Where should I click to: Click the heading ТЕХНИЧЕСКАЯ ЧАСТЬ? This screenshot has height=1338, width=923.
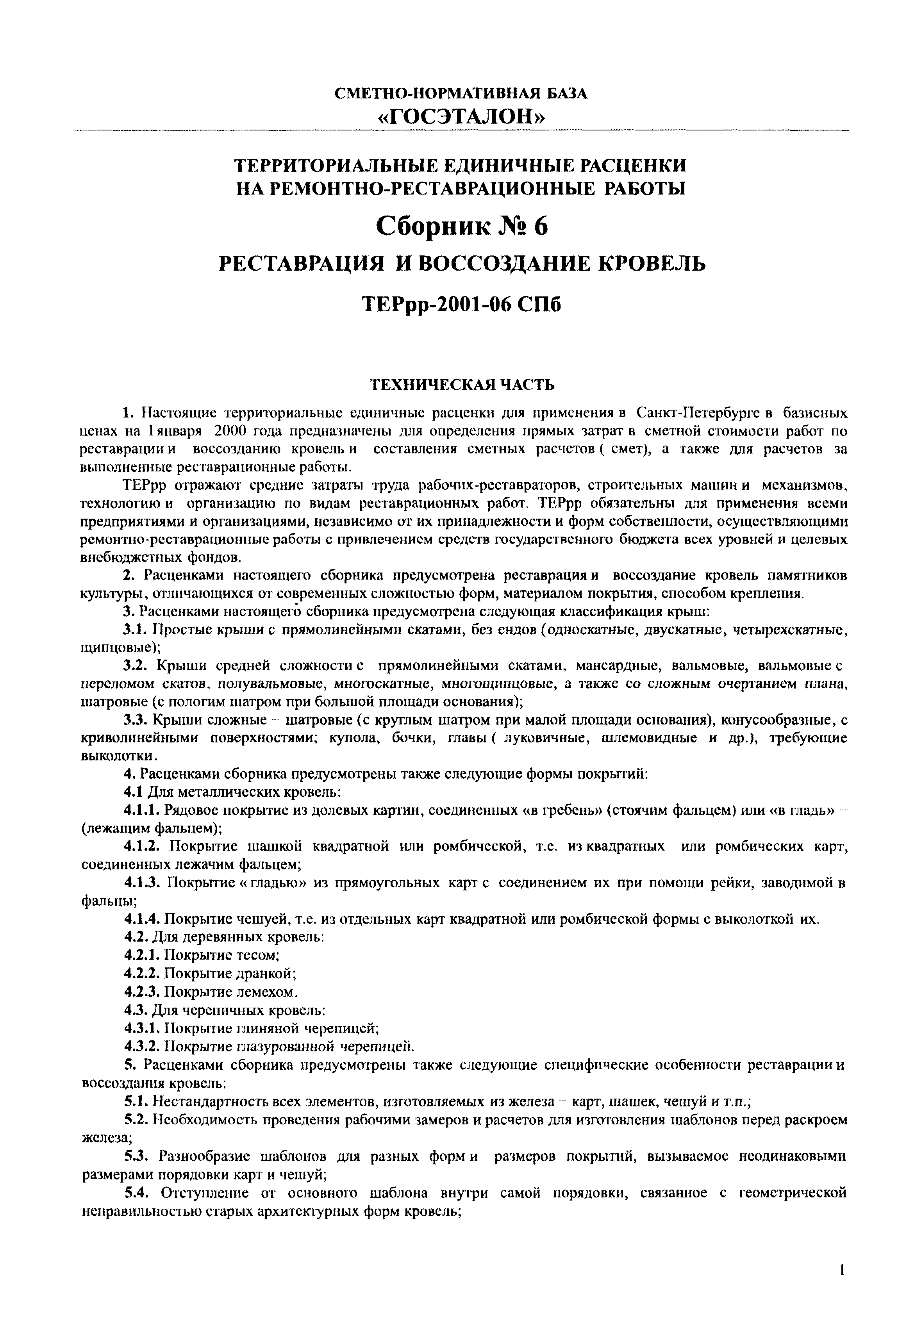tap(462, 385)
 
